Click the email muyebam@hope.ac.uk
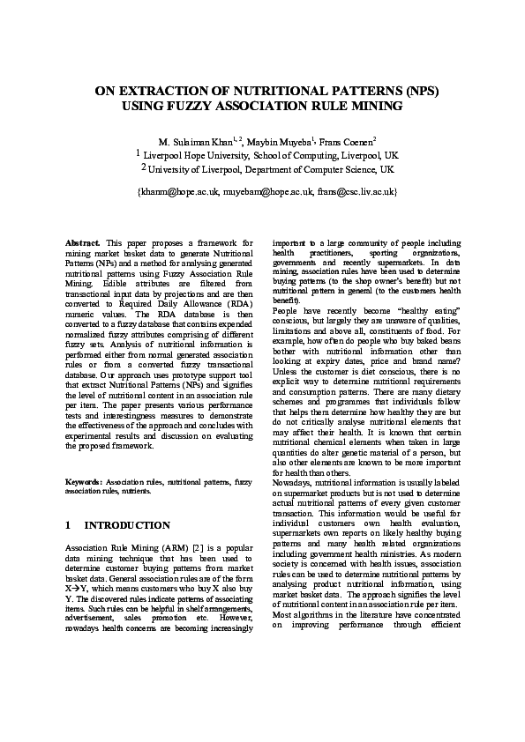click(265, 190)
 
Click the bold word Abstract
click(83, 241)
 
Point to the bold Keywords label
click(86, 482)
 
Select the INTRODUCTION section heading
click(127, 525)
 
